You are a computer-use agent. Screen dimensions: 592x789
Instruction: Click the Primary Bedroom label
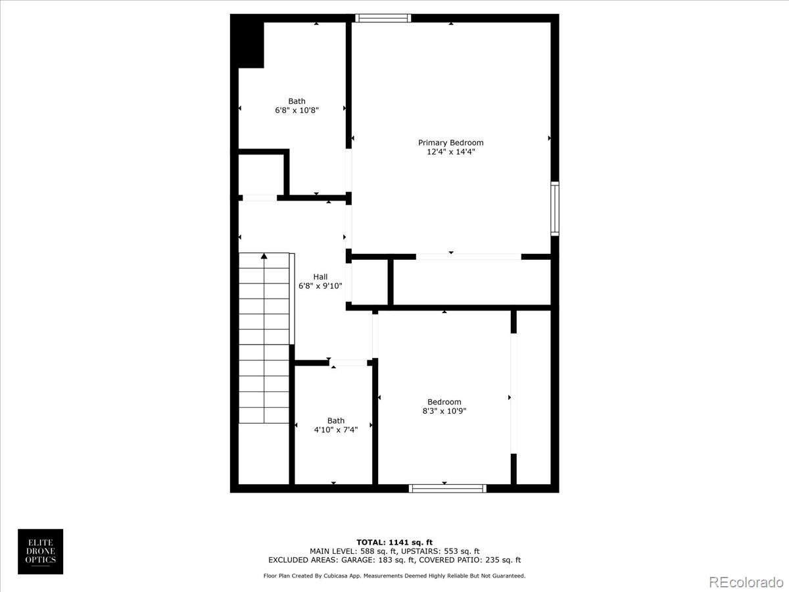pos(450,143)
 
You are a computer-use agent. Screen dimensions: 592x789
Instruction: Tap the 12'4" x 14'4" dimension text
pos(450,152)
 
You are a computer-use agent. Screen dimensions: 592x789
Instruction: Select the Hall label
pos(320,277)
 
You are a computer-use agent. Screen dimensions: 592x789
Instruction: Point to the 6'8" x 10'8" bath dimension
pos(297,111)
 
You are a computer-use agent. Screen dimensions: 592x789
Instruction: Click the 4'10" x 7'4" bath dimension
pos(335,430)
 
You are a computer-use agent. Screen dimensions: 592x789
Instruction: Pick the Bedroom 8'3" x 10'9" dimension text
pos(444,411)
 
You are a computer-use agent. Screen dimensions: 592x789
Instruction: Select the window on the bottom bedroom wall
pos(447,488)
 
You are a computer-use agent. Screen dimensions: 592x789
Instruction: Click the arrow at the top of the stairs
pos(264,256)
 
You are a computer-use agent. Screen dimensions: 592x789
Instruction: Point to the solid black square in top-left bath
pos(251,44)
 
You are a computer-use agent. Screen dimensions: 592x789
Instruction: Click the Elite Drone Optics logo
pos(40,551)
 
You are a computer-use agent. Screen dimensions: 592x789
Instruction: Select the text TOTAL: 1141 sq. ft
pos(394,542)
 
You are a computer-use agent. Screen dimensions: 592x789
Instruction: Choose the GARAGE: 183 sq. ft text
pos(377,560)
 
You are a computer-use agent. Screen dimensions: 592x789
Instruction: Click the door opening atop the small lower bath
pos(348,362)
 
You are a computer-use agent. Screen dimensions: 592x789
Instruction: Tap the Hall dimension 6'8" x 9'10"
pos(320,286)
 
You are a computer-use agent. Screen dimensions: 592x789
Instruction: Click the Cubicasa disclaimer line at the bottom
pos(394,576)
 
